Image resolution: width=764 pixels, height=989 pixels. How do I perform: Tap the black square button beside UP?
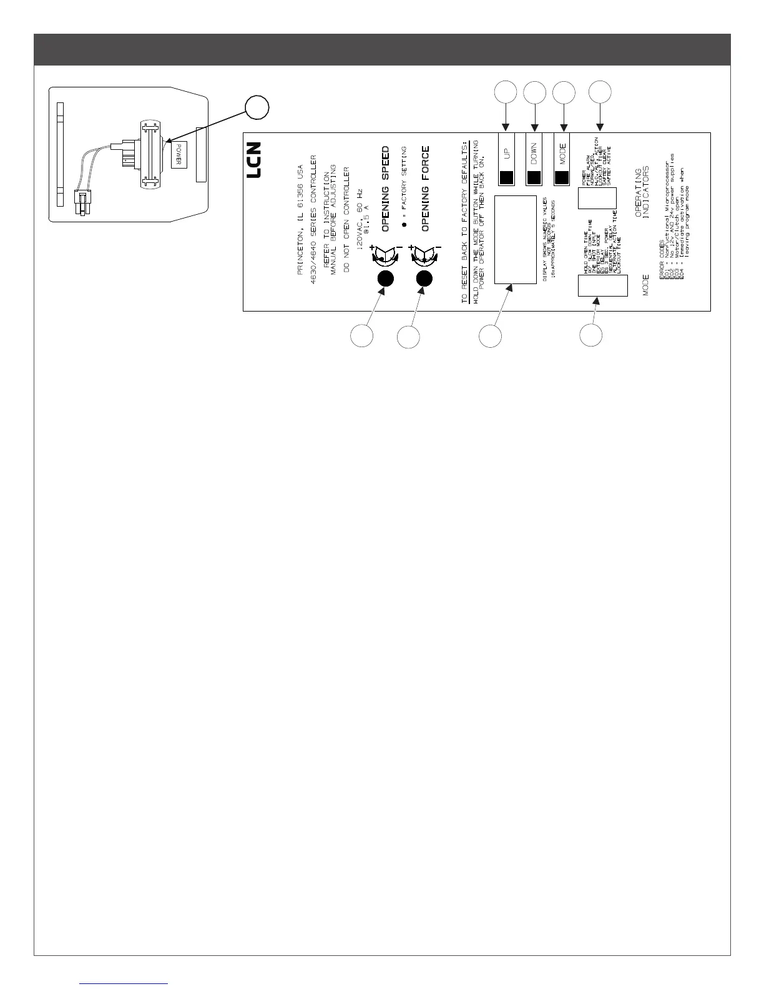click(x=506, y=177)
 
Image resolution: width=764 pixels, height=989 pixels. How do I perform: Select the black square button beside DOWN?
click(x=534, y=177)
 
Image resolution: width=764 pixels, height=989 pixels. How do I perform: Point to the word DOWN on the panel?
click(x=534, y=153)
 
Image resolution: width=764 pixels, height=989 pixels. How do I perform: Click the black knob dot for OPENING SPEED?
click(x=385, y=278)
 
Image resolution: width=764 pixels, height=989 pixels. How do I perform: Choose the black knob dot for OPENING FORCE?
click(x=425, y=278)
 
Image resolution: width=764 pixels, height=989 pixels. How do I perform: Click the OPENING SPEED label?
click(x=386, y=189)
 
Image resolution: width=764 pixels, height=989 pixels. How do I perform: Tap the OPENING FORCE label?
click(x=426, y=189)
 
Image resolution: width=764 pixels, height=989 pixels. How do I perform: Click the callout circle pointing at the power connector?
click(x=257, y=108)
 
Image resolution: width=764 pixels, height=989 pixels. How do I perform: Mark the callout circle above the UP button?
click(x=506, y=92)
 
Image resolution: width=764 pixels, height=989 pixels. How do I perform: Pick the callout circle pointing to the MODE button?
click(x=564, y=92)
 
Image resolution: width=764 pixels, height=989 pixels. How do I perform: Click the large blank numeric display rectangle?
click(x=516, y=240)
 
